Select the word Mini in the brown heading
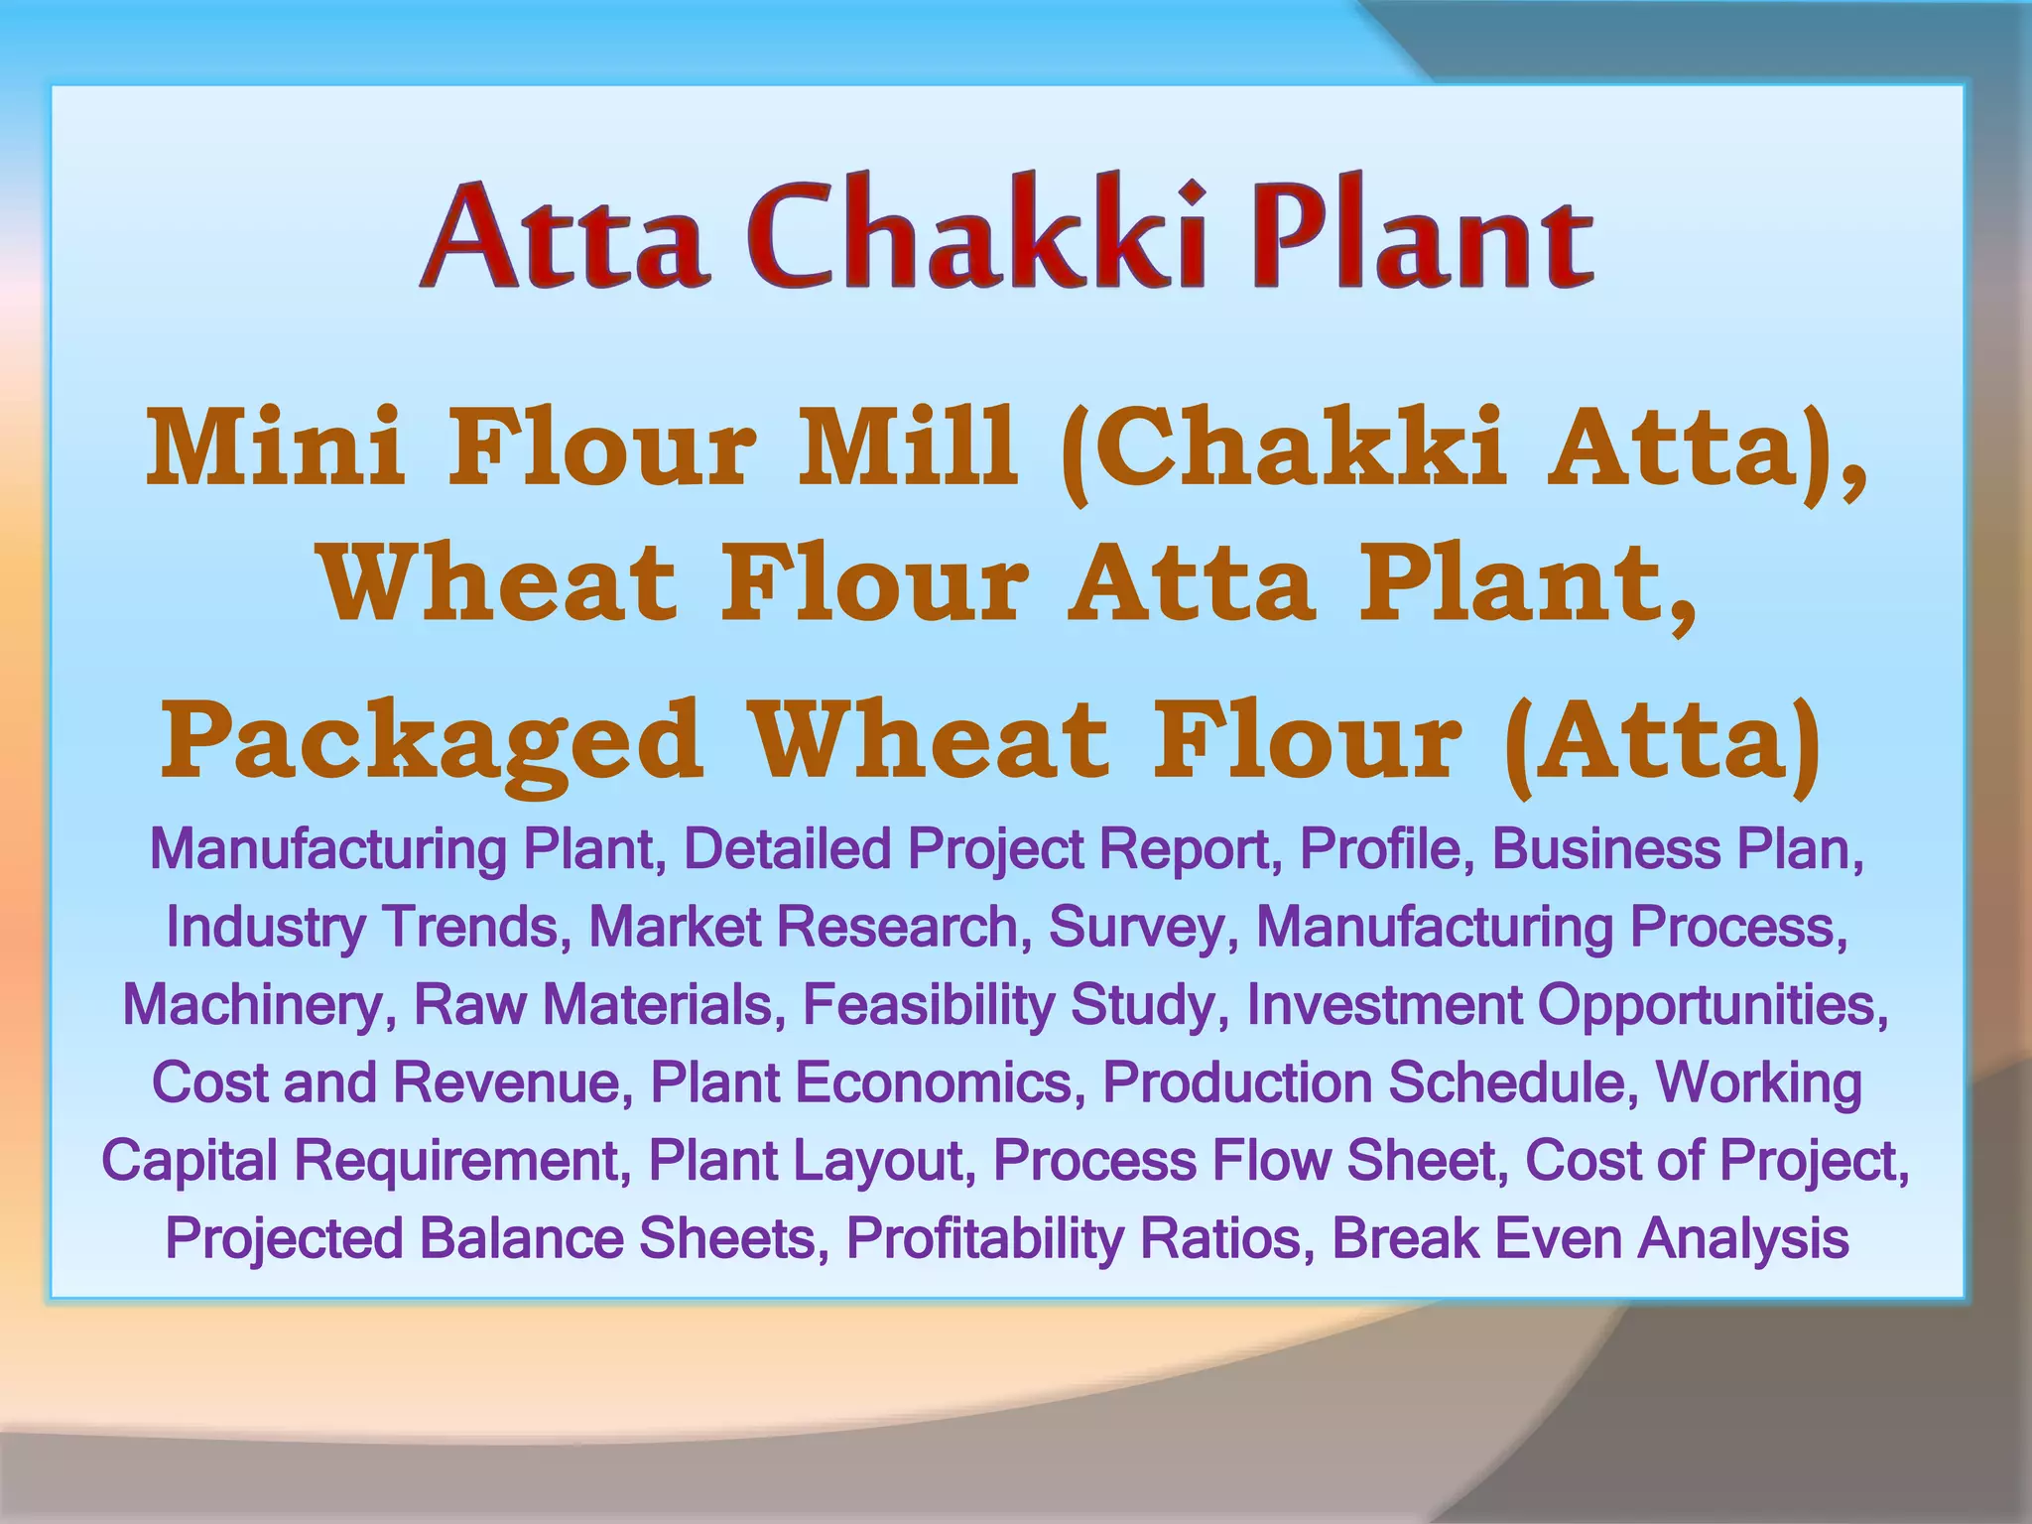[x=275, y=447]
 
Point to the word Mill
[x=909, y=447]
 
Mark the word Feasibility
[x=928, y=1004]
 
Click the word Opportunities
[x=1713, y=1004]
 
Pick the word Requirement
[x=462, y=1161]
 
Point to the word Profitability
[x=984, y=1238]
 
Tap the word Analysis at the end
[x=1742, y=1238]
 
